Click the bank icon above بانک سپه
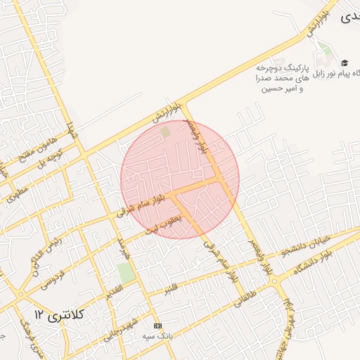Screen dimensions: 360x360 (x=157, y=326)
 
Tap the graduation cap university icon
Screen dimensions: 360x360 (x=345, y=63)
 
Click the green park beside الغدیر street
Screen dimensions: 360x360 (x=126, y=273)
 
